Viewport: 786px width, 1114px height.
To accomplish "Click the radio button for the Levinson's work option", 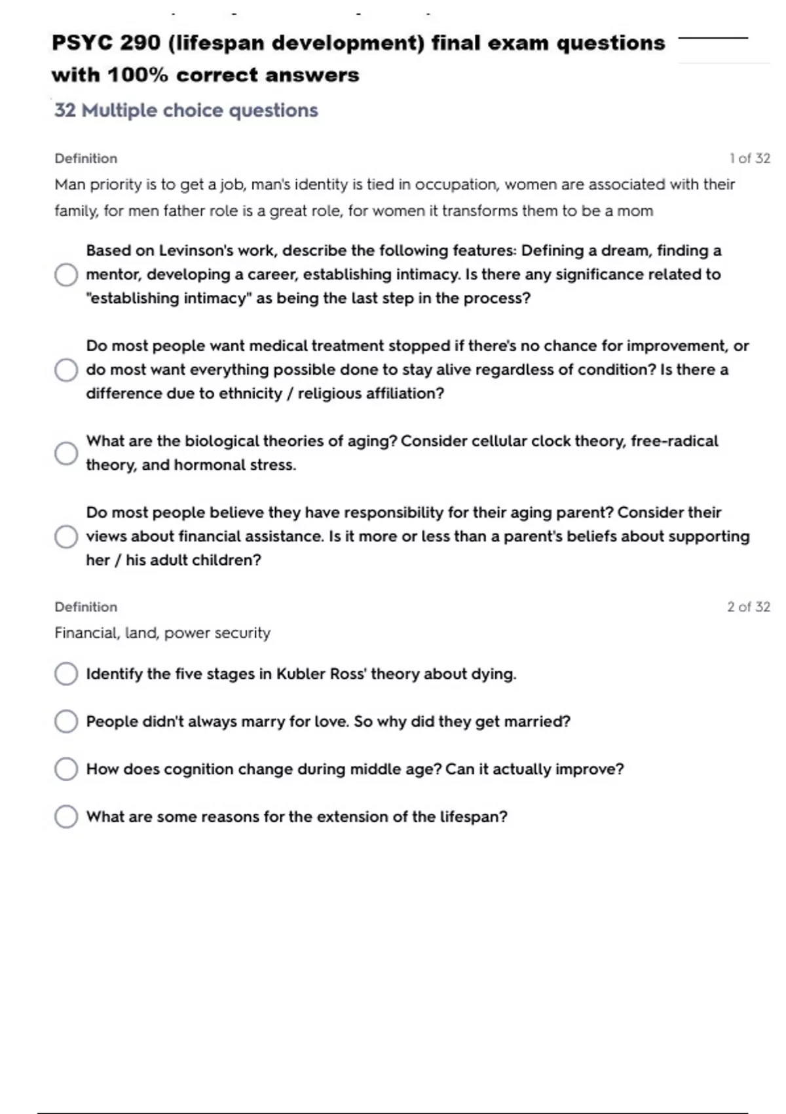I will click(x=66, y=275).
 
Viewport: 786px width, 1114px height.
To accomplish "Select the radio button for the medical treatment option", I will click(x=66, y=370).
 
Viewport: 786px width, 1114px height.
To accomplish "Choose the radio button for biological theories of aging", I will click(x=66, y=453).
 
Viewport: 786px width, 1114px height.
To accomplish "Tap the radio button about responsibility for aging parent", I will click(x=66, y=536).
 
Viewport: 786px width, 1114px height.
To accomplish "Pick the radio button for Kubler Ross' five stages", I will click(x=66, y=674).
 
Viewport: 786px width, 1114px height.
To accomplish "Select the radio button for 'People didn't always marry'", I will click(x=66, y=721).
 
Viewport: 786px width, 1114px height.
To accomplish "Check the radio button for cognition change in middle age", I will click(x=66, y=769).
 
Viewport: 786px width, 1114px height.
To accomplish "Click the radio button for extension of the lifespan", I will click(x=66, y=816).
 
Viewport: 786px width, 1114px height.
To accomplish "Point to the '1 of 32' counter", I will click(x=749, y=159).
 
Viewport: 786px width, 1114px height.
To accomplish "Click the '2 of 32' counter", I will click(x=748, y=607).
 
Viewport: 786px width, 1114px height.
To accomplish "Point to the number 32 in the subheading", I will click(x=65, y=110).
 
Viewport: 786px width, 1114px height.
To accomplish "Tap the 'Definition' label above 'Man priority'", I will click(x=86, y=159).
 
